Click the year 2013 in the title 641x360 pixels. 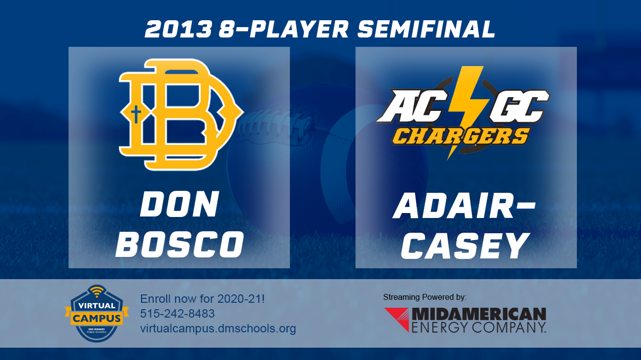point(178,30)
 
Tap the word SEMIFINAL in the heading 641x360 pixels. point(426,30)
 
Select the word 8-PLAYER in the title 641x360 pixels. point(284,30)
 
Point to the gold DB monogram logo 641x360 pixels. point(180,114)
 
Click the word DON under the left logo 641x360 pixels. point(179,205)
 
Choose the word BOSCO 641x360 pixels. point(179,245)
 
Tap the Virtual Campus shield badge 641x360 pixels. point(96,313)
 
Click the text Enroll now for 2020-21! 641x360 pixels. point(203,299)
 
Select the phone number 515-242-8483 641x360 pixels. point(178,314)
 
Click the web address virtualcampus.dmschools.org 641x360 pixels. point(218,328)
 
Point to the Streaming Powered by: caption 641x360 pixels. point(425,297)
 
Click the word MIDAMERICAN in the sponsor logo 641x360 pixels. point(478,314)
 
